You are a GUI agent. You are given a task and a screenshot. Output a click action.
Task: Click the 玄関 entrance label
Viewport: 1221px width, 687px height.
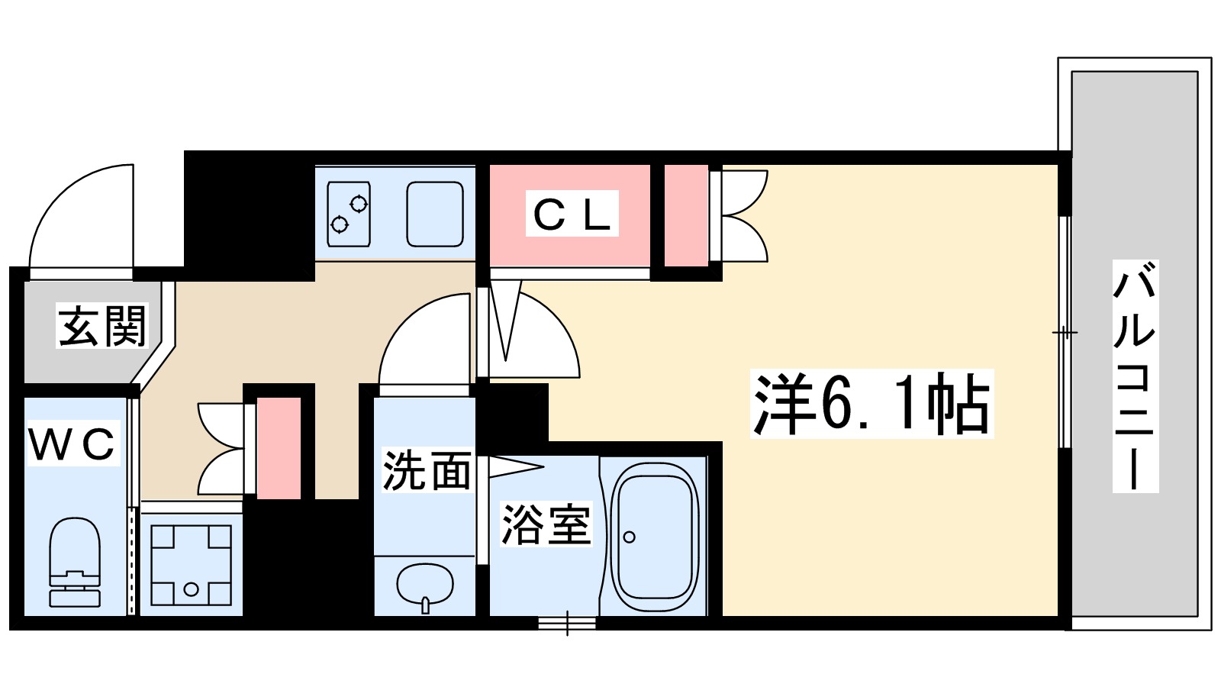101,327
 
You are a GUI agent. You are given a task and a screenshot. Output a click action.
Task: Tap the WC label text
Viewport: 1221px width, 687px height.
72,443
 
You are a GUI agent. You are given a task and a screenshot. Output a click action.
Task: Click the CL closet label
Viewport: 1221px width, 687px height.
572,214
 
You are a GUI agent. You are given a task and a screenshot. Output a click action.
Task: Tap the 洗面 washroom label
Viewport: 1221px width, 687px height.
427,470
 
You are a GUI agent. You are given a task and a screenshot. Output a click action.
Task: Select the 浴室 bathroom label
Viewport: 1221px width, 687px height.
546,525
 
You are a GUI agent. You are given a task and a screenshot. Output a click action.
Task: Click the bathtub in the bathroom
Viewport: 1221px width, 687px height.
655,534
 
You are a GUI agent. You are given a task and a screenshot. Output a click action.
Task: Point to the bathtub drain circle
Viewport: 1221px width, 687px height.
629,537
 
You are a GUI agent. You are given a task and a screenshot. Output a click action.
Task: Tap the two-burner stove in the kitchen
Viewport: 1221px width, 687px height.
349,214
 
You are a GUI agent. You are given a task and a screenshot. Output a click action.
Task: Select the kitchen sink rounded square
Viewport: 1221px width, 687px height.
434,214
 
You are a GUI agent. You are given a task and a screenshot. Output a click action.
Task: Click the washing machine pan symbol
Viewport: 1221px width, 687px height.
191,565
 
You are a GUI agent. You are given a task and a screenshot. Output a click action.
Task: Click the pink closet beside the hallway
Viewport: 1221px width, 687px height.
278,449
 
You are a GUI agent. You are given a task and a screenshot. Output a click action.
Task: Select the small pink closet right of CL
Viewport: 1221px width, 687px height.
685,215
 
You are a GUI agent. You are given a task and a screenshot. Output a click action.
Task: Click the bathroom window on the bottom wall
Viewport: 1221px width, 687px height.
566,623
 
